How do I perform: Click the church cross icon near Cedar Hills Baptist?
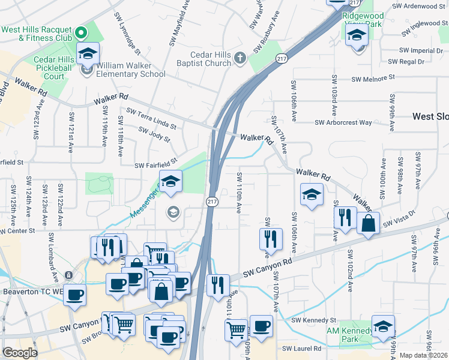pos(240,58)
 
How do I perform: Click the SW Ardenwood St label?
pos(418,6)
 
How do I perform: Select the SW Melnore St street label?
pos(373,78)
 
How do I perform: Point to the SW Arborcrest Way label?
pos(344,122)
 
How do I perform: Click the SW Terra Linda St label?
pos(151,118)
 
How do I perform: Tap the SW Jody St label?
pos(154,134)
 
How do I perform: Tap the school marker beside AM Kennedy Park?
pos(382,326)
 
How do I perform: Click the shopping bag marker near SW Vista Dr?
pos(368,223)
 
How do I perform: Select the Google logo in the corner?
pos(20,353)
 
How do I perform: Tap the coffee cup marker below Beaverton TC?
pos(74,295)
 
